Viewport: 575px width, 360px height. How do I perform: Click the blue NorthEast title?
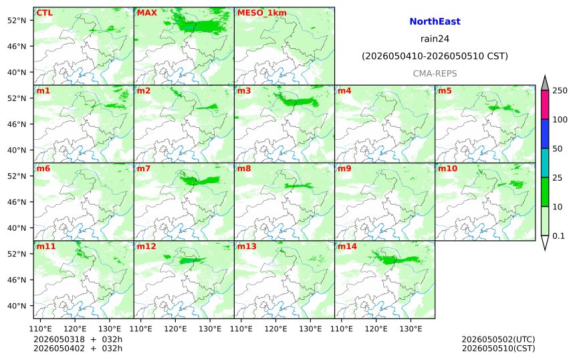(x=435, y=21)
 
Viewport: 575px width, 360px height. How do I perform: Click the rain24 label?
(x=435, y=39)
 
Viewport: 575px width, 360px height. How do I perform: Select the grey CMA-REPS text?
(x=435, y=74)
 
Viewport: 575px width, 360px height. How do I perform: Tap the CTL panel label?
(x=44, y=13)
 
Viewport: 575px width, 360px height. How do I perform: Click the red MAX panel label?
(x=146, y=13)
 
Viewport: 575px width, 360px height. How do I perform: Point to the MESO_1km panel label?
(x=262, y=13)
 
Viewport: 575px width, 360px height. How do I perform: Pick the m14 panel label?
(x=347, y=246)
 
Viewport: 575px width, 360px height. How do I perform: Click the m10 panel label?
(x=447, y=169)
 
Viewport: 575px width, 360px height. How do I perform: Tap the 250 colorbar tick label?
(x=560, y=90)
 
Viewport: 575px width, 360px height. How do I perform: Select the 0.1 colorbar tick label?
(x=558, y=236)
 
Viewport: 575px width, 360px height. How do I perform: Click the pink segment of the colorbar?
(x=545, y=104)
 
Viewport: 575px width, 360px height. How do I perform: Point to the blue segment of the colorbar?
(x=545, y=134)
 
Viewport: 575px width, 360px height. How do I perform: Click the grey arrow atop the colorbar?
(x=545, y=84)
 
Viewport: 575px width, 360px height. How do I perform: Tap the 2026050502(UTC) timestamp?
(x=498, y=339)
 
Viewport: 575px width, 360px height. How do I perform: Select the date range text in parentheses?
(x=435, y=56)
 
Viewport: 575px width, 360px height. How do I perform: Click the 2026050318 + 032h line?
(x=78, y=339)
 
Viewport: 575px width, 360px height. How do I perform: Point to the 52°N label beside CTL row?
(x=17, y=20)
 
